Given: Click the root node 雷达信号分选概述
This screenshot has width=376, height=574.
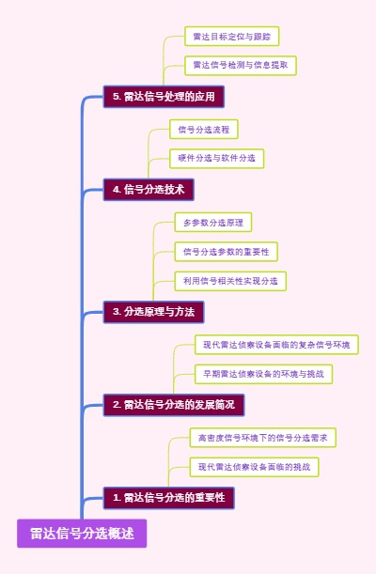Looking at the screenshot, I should click(82, 534).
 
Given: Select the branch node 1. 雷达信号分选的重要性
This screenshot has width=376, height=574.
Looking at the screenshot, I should click(168, 498).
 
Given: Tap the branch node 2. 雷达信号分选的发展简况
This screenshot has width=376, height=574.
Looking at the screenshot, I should click(174, 405).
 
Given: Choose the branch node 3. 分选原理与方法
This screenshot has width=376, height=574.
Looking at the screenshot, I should click(153, 312).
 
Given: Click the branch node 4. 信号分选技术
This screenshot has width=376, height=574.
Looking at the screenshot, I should click(149, 190).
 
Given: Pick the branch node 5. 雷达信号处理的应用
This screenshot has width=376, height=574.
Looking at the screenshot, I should click(164, 97).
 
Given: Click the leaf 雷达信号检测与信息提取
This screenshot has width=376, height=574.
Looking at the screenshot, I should click(240, 65).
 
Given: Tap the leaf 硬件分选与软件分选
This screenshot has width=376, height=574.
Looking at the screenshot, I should click(216, 158).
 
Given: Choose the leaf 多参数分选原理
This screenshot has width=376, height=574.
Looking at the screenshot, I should click(212, 223).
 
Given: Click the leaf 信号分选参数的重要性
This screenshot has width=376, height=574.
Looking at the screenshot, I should click(226, 252).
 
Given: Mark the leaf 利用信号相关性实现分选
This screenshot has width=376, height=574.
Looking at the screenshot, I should click(230, 280).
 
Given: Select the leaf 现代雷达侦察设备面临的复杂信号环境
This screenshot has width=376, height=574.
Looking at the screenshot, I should click(275, 345).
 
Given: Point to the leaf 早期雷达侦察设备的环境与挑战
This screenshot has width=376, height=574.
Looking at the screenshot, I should click(263, 373).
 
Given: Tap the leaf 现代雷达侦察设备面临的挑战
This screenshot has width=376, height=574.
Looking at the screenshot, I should click(254, 466).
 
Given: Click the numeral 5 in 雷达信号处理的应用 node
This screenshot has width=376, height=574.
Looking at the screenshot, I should click(116, 97).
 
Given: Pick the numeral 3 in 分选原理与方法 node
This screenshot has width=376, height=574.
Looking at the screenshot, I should click(116, 312).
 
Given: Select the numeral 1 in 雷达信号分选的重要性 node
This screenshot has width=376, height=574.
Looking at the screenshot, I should click(116, 498).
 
